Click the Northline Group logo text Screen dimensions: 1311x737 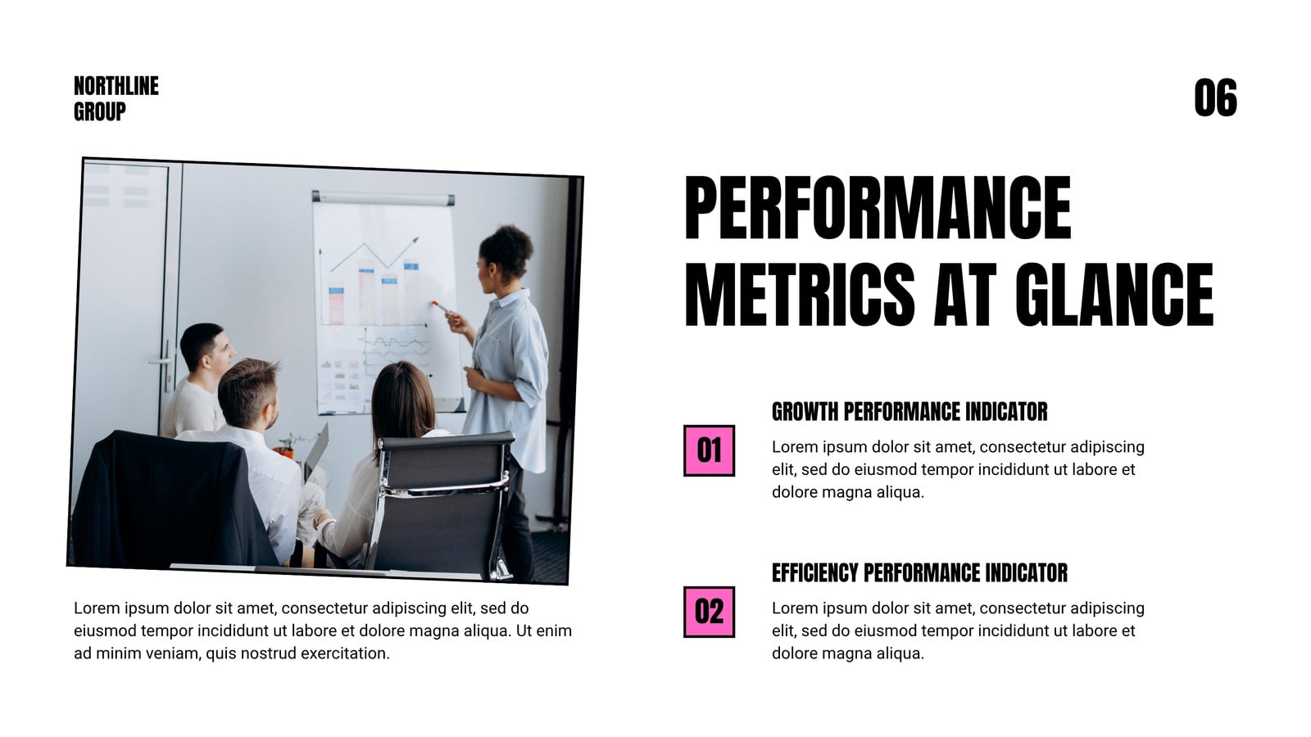click(116, 98)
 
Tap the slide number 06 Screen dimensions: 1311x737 click(1216, 97)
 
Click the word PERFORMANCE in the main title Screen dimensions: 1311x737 click(878, 207)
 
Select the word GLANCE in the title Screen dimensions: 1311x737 click(1114, 294)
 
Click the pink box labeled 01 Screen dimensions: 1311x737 click(709, 450)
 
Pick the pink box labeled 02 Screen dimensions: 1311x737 click(709, 612)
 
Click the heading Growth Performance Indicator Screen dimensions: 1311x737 click(910, 412)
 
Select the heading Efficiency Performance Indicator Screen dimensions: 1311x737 click(919, 572)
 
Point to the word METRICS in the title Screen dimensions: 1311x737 click(800, 294)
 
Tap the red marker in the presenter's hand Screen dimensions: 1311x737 click(439, 306)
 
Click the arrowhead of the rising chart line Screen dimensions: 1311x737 click(415, 239)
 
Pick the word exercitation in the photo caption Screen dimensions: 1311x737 click(345, 653)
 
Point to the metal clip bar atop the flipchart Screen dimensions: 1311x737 click(383, 198)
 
